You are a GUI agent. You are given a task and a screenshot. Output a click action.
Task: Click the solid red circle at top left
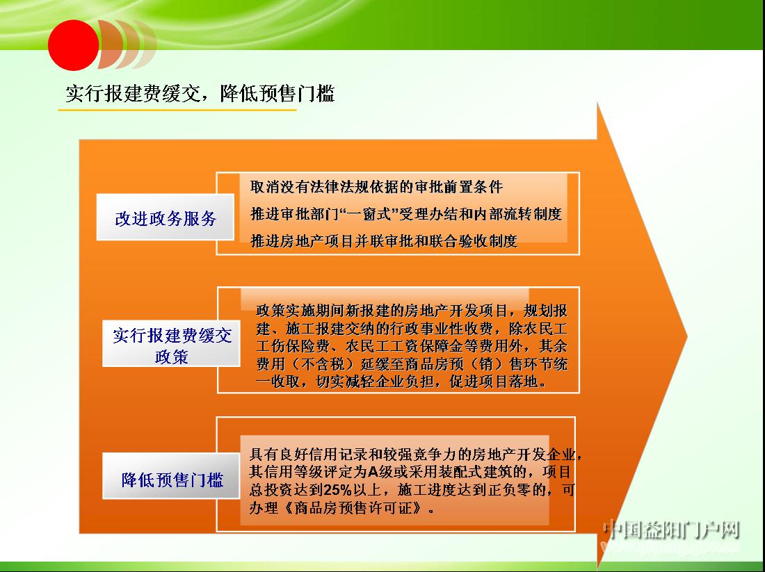(x=73, y=45)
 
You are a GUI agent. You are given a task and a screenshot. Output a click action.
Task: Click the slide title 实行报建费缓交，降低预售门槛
(x=200, y=93)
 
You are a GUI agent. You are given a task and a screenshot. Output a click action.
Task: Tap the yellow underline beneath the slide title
(x=177, y=110)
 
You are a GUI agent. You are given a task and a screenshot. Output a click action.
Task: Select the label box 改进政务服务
(x=166, y=217)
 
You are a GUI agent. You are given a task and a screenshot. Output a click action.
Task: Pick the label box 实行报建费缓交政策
(x=171, y=343)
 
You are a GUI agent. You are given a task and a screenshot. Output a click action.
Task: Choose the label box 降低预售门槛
(x=171, y=476)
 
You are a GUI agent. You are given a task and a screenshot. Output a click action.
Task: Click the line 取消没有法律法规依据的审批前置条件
(x=376, y=186)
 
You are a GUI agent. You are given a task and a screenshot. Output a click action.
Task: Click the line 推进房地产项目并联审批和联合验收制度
(x=383, y=241)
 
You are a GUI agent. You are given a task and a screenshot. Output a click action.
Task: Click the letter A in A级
(x=373, y=472)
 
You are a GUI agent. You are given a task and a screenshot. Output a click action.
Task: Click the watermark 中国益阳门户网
(x=671, y=530)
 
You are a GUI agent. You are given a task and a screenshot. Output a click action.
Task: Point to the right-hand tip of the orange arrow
(x=687, y=336)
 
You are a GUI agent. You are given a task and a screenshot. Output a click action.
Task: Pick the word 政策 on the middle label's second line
(x=171, y=357)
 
